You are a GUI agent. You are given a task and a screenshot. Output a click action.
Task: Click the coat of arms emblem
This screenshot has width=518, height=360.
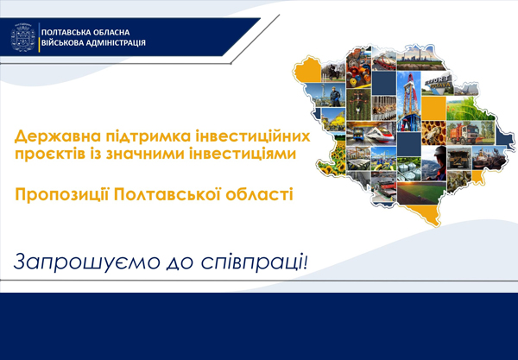point(22,37)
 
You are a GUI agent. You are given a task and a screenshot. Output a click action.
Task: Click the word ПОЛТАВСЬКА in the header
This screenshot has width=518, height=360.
point(62,32)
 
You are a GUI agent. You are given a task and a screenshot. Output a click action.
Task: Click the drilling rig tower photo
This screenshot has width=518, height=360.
point(408,101)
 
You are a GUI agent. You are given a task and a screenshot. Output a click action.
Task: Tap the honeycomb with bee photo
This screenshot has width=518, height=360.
point(433,133)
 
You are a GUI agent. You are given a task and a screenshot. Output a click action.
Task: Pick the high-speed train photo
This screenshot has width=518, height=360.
point(371,134)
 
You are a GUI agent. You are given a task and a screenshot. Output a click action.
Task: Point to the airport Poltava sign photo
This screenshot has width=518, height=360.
point(437,84)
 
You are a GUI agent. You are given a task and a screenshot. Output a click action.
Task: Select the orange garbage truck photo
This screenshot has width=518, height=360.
point(471,133)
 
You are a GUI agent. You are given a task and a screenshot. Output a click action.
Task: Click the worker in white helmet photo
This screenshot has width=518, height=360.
point(433,163)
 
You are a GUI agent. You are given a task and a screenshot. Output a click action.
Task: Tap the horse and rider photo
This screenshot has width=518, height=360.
point(333,73)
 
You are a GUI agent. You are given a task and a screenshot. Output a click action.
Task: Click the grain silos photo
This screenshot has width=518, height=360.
point(408,168)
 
